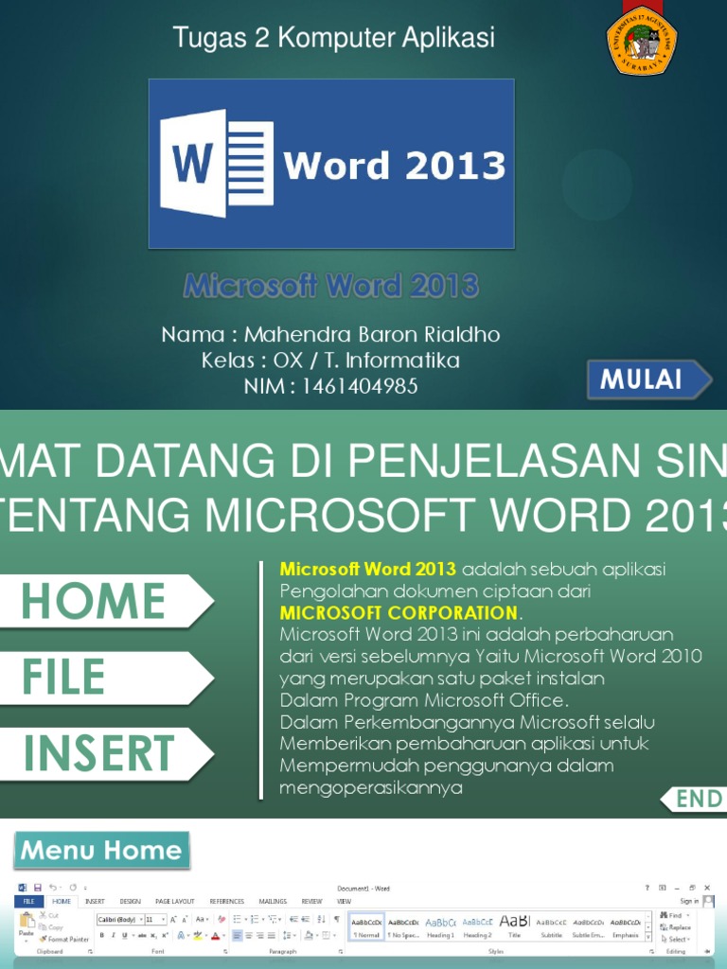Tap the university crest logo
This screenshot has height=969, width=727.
642,40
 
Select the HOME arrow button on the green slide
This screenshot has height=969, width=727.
104,601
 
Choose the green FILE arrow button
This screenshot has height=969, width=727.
104,678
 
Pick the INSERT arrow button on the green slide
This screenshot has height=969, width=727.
104,754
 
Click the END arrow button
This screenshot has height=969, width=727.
695,799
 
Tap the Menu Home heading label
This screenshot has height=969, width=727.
101,850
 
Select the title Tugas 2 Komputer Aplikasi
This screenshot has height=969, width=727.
333,39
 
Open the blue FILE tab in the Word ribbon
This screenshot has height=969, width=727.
28,902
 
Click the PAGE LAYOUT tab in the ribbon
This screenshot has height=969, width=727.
175,902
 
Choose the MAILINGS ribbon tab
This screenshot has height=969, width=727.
273,902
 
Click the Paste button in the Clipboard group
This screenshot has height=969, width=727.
26,925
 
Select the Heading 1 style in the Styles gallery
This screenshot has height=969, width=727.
440,926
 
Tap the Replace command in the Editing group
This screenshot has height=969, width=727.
678,927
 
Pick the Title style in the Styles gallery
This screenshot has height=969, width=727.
514,926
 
